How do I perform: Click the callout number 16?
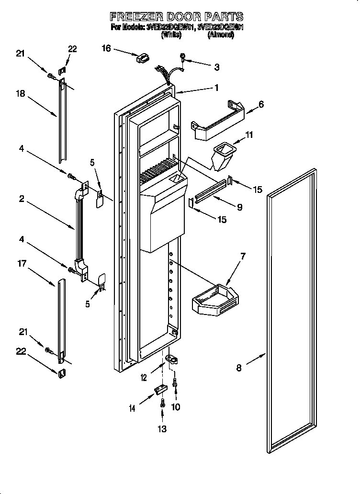point(106,48)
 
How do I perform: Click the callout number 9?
point(239,207)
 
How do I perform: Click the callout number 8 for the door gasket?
point(239,368)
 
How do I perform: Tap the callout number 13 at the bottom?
point(163,429)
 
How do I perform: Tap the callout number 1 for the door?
point(216,88)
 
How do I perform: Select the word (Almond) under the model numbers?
point(221,35)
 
